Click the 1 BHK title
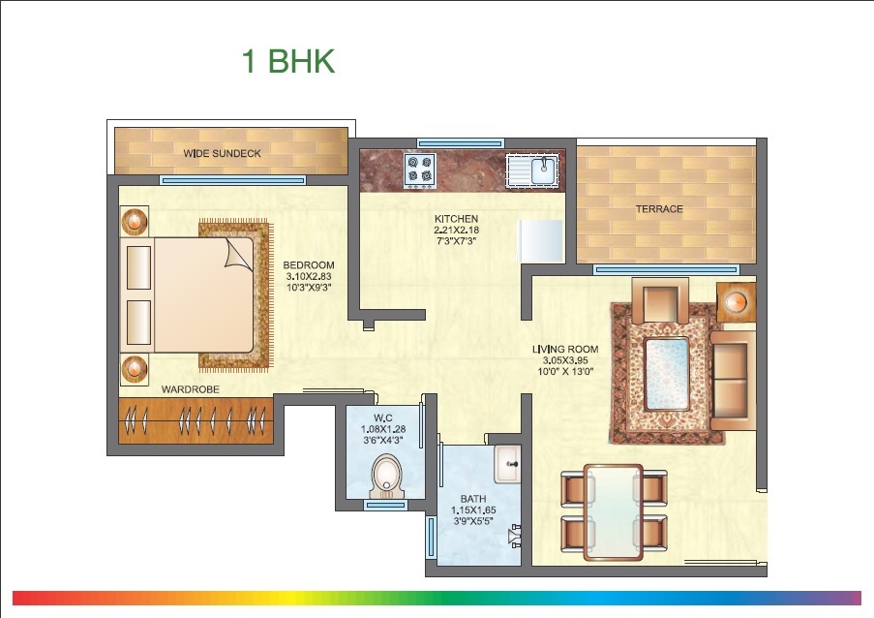[x=287, y=61]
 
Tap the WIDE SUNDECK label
[x=222, y=153]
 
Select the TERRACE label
[x=658, y=209]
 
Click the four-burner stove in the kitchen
[x=421, y=170]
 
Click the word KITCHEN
[x=457, y=219]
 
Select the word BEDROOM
[x=308, y=265]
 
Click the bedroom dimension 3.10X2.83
[x=308, y=276]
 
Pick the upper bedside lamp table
[x=135, y=221]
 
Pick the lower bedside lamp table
[x=135, y=369]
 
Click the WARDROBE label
[x=190, y=388]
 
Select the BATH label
[x=473, y=499]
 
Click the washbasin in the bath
[x=508, y=464]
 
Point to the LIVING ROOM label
[x=564, y=349]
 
